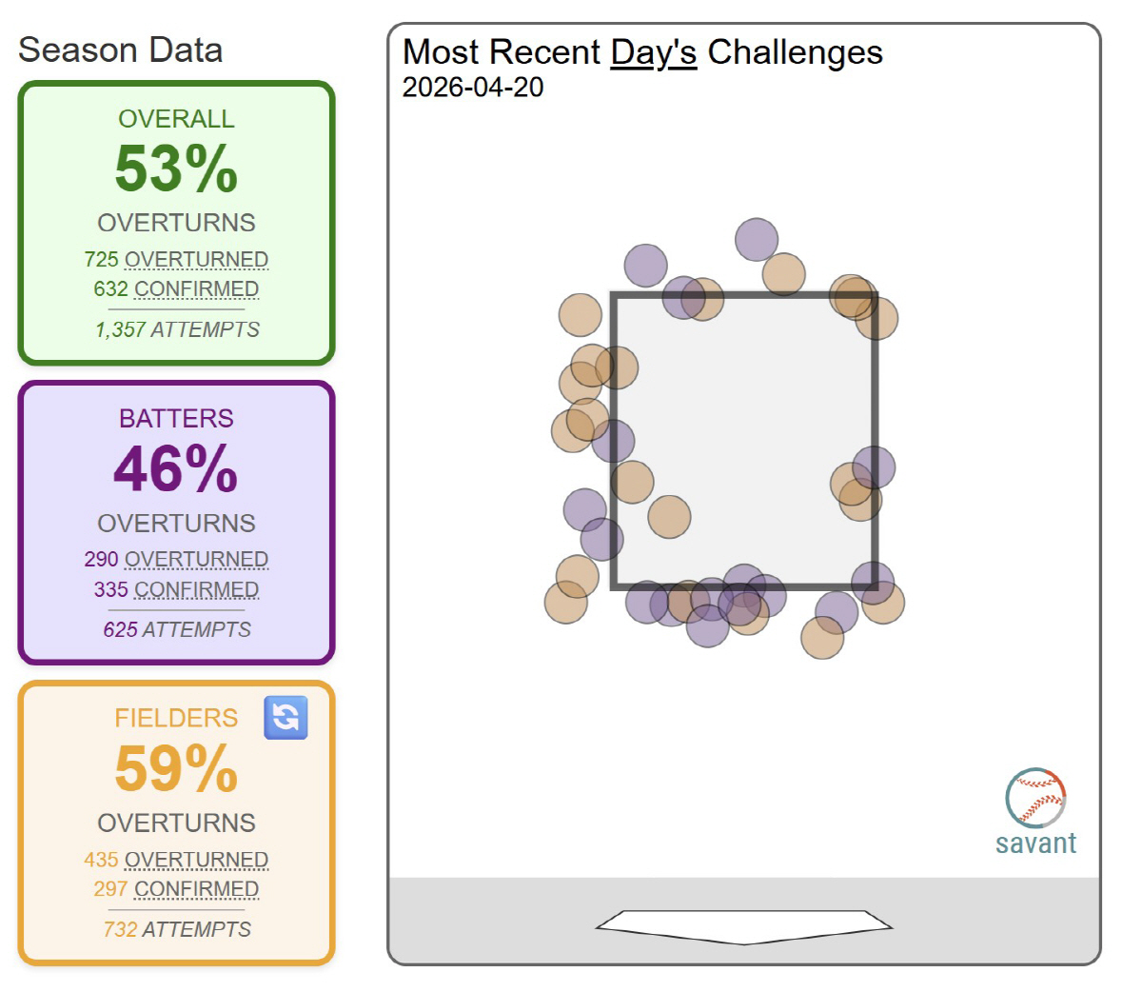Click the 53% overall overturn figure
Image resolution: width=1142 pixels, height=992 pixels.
tap(176, 169)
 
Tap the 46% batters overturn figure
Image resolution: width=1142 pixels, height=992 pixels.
tap(176, 469)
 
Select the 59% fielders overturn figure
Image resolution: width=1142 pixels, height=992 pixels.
tap(176, 769)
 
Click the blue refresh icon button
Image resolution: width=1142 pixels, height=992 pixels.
tap(285, 718)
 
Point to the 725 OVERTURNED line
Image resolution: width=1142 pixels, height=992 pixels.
tap(176, 259)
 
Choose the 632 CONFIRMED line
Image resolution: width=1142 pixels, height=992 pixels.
tap(176, 288)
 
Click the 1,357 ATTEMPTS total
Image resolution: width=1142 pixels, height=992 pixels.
tap(176, 329)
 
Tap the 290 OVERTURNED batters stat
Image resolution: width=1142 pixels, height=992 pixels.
tap(176, 559)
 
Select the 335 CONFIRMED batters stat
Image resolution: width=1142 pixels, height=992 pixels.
tap(176, 589)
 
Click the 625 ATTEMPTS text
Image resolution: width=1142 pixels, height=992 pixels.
tap(176, 629)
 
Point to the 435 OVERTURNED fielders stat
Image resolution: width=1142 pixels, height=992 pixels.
tap(176, 860)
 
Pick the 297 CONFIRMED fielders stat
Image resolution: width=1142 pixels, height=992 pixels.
tap(176, 889)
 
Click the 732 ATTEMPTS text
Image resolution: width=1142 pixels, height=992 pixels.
tap(176, 929)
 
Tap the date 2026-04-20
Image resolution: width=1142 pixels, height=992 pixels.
tap(473, 88)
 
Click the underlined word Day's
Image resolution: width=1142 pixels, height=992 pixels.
tap(653, 52)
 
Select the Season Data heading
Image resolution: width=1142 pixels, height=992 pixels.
tap(121, 50)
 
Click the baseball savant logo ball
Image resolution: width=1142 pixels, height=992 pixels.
tap(1035, 798)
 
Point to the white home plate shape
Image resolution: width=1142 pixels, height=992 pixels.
tap(744, 925)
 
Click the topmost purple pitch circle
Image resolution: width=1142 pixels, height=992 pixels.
tap(757, 240)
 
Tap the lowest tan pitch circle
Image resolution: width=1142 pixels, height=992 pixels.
tap(822, 638)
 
